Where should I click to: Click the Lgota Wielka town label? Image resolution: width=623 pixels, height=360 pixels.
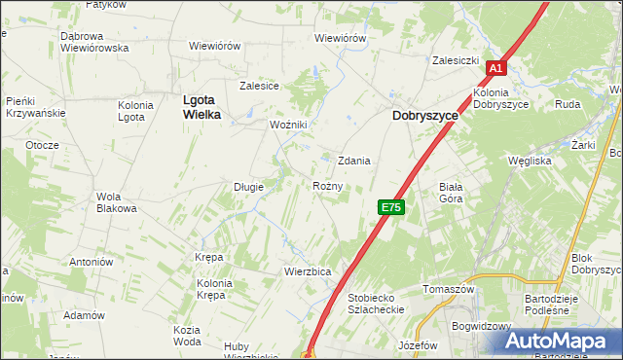[x=202, y=106]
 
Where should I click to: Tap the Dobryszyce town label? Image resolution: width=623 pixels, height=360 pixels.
[x=424, y=114]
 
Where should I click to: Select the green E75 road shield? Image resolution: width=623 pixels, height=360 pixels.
[x=390, y=207]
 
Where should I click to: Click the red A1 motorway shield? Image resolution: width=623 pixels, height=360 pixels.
[x=495, y=68]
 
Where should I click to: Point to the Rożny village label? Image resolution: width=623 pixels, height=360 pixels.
[x=327, y=186]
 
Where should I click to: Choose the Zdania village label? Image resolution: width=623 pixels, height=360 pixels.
[x=354, y=161]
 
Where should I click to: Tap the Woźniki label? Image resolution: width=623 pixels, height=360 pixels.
[x=289, y=125]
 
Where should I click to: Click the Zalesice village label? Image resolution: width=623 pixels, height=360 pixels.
[x=260, y=86]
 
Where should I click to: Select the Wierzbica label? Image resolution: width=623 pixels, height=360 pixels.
[x=309, y=270]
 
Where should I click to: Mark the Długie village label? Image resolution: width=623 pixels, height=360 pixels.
[x=248, y=186]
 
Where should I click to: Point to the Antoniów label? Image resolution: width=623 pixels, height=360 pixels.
[x=92, y=262]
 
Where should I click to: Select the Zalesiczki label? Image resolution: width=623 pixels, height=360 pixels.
[x=457, y=60]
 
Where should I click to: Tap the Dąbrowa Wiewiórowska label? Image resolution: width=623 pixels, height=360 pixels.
[x=94, y=42]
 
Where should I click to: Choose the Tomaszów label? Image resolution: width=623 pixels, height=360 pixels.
[x=449, y=289]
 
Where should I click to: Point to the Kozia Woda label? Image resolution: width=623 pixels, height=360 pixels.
[x=187, y=336]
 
